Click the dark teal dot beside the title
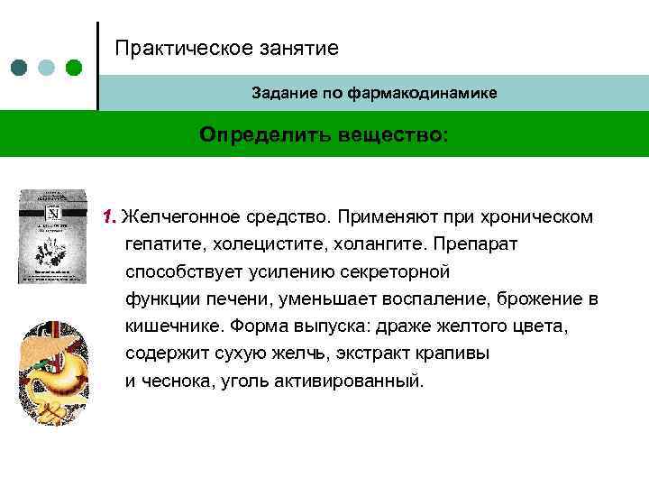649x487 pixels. point(19,68)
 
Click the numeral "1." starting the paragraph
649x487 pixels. point(110,217)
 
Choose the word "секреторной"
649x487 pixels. point(399,271)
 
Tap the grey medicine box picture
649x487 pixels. point(53,236)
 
